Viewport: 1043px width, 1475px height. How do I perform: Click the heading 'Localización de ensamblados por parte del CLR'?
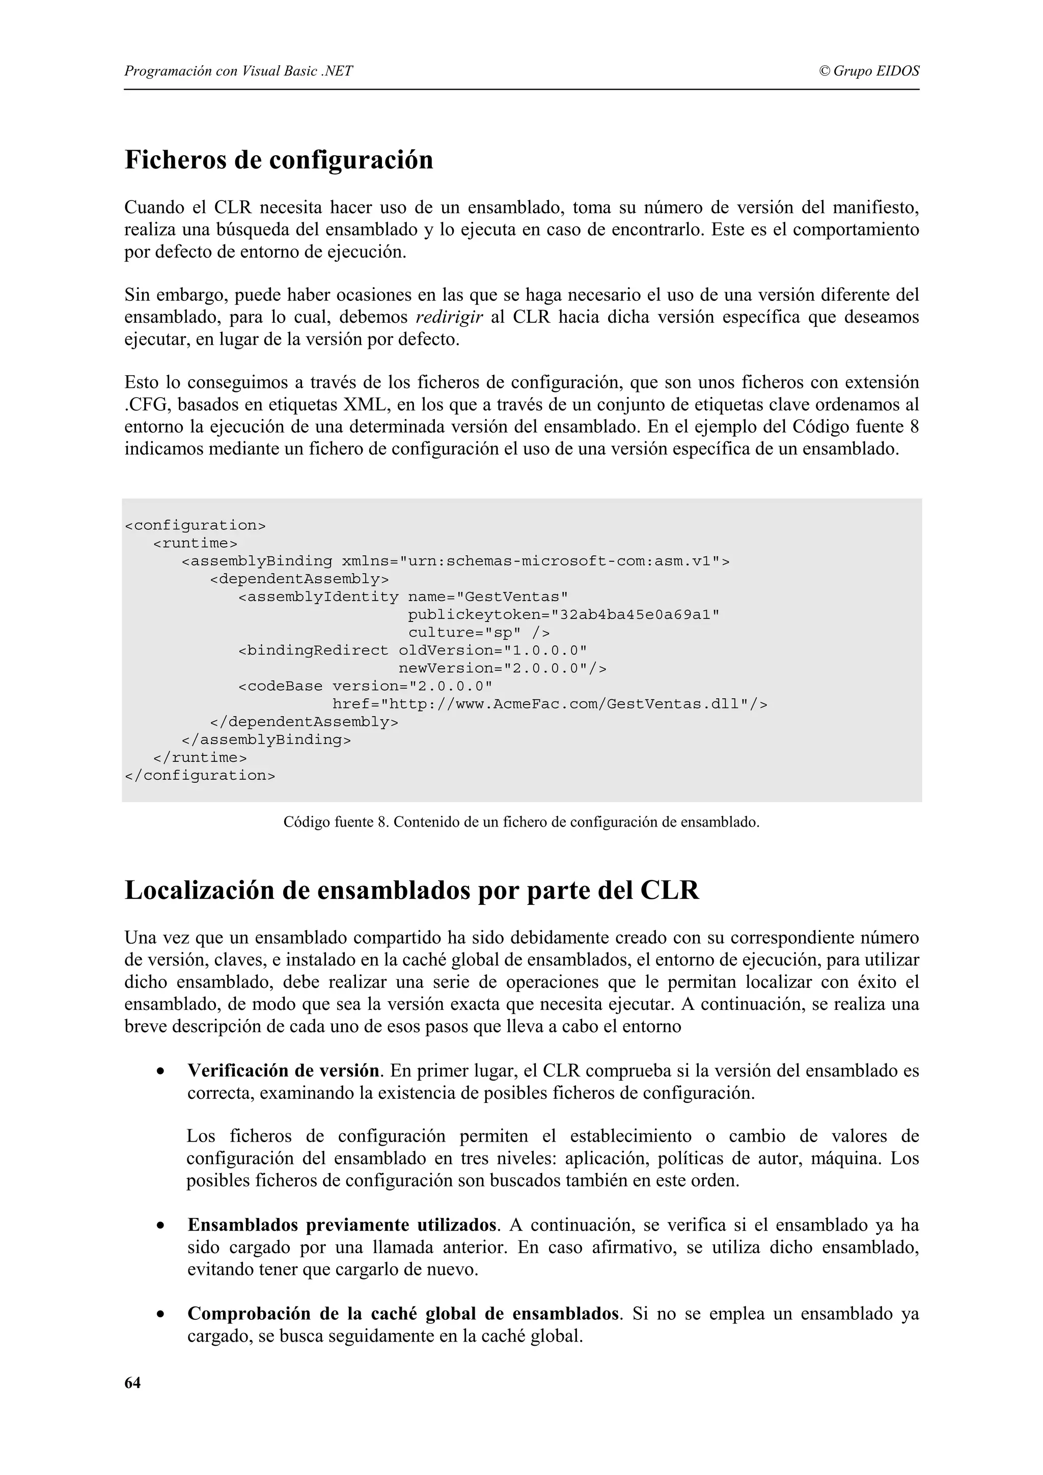[x=411, y=890]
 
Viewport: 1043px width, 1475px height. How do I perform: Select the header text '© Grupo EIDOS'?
[x=869, y=71]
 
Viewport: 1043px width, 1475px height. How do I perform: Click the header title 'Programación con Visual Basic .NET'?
[x=238, y=71]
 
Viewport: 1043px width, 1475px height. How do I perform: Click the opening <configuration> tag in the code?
[x=195, y=525]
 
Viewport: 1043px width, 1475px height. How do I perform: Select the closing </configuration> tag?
[x=199, y=775]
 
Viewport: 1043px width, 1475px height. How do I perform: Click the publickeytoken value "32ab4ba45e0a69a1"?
[x=636, y=615]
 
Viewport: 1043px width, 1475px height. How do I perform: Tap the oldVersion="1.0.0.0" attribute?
[x=493, y=651]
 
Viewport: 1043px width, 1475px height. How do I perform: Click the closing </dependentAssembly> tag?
[x=304, y=722]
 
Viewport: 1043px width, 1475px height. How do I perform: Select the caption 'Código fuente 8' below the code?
[x=336, y=822]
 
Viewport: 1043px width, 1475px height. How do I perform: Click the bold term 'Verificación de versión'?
[x=283, y=1071]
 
